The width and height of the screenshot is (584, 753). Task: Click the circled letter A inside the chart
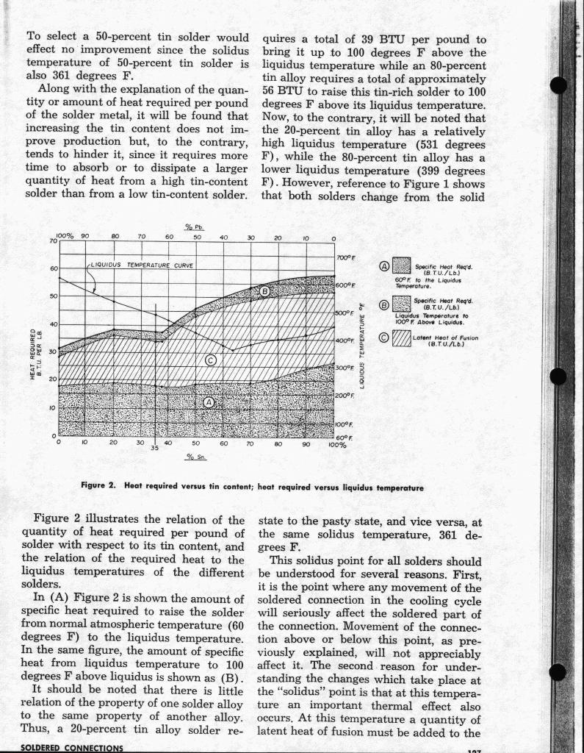click(x=208, y=402)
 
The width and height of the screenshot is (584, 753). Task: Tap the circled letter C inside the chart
click(x=211, y=360)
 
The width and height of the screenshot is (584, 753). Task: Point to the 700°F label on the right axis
click(x=346, y=258)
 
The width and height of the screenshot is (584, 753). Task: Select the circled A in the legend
click(x=384, y=266)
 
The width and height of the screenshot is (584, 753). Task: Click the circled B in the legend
click(x=384, y=304)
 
